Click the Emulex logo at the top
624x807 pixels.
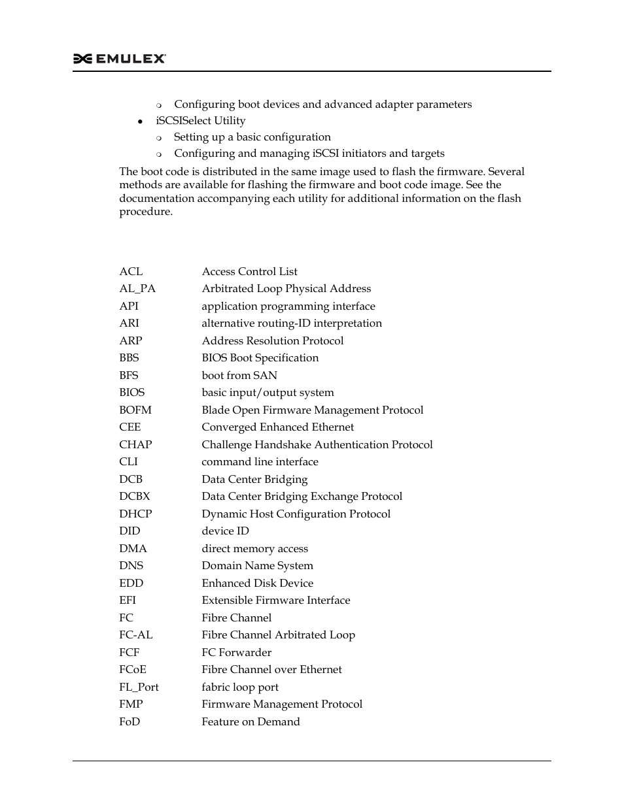[x=119, y=59]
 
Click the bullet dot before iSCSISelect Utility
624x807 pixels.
[x=140, y=122]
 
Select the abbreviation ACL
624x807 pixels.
[x=131, y=272]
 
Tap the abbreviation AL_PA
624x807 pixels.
[x=137, y=289]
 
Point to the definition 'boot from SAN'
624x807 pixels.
[x=239, y=376]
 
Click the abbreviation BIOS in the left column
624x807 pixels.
[x=132, y=393]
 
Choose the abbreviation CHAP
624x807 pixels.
[x=135, y=445]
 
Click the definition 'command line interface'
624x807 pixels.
[x=260, y=462]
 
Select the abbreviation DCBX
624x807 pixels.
[x=135, y=497]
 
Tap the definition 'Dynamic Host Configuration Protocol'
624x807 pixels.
[x=296, y=514]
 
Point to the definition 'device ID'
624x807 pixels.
[x=225, y=531]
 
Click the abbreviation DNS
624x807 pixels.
[x=131, y=566]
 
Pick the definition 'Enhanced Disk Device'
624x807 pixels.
[x=257, y=584]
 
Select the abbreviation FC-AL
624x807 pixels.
[x=136, y=635]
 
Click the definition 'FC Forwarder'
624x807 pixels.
[x=236, y=653]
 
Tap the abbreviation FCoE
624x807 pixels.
[x=133, y=670]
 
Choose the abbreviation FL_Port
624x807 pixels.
[x=139, y=687]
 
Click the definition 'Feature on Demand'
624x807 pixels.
[x=251, y=722]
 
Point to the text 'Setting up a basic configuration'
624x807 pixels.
[x=252, y=137]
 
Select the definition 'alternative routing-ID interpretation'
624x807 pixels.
[x=292, y=323]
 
